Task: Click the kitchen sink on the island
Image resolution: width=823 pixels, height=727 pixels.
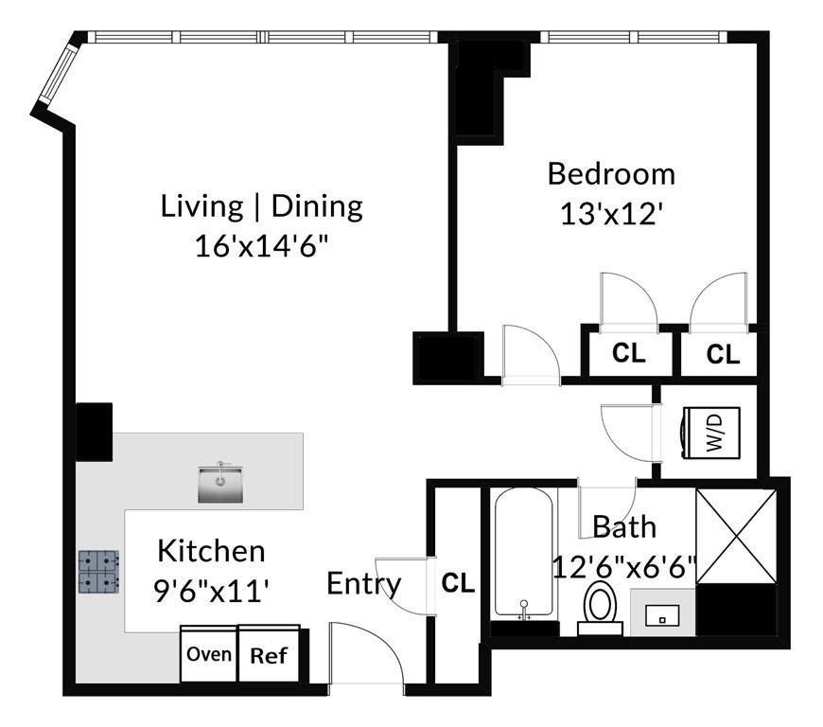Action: coord(219,483)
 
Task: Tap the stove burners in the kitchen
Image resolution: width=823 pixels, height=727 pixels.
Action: coord(97,572)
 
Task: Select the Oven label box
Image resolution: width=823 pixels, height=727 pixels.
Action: coord(208,654)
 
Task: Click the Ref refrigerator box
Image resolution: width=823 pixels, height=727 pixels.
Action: coord(268,655)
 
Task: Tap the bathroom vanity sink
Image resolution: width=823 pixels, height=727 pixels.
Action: coord(663,613)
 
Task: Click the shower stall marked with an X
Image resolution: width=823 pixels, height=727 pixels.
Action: coord(736,536)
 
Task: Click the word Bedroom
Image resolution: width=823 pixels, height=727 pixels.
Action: coord(611,174)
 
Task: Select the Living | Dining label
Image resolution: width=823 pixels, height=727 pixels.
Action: coord(261,205)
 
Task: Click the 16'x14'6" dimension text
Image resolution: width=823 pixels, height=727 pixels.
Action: coord(261,244)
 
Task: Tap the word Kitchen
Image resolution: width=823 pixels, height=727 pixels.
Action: coord(211,550)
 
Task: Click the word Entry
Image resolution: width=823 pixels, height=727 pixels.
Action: coord(364,584)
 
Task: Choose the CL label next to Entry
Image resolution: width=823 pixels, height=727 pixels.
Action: coord(458,583)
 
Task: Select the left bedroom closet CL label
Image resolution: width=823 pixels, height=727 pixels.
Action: coord(628,354)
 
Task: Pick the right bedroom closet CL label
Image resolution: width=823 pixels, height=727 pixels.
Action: coord(723,355)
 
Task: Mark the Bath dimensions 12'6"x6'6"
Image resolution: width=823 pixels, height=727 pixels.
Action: coord(624,567)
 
